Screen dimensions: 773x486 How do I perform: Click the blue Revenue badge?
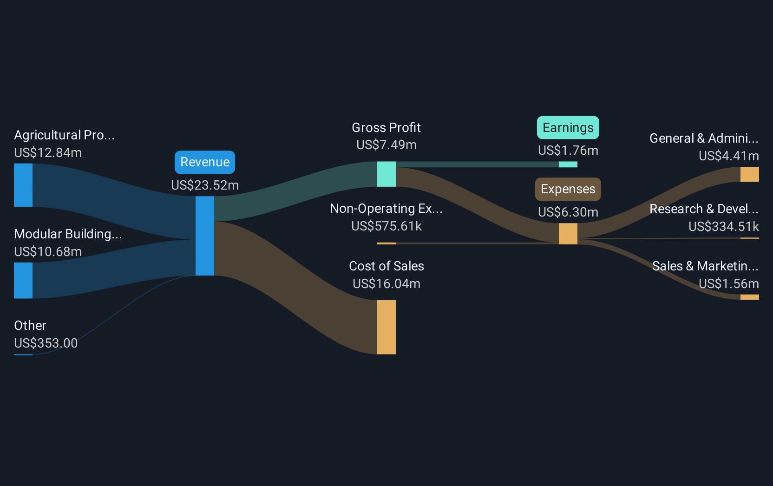(x=205, y=162)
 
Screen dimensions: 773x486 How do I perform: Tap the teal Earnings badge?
(x=568, y=127)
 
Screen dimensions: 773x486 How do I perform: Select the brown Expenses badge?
(x=568, y=189)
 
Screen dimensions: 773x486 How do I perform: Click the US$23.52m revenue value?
(x=205, y=185)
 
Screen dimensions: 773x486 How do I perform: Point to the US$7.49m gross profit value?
(x=386, y=144)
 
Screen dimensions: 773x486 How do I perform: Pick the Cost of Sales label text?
(x=386, y=266)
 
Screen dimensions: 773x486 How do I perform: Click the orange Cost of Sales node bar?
(x=386, y=327)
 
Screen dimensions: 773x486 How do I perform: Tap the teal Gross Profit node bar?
(x=386, y=174)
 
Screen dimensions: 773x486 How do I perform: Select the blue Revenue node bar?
(x=205, y=236)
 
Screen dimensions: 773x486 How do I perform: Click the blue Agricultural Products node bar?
(x=23, y=185)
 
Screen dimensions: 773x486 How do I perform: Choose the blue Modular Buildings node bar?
(x=23, y=280)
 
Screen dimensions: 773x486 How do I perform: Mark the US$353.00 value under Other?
(x=46, y=343)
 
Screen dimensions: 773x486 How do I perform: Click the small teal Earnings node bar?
(x=568, y=164)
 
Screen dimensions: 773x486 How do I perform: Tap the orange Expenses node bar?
(x=568, y=234)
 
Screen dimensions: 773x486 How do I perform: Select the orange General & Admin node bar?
(x=749, y=174)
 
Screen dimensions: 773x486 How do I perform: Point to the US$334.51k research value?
(x=724, y=226)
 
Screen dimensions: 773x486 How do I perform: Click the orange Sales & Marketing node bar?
(x=749, y=297)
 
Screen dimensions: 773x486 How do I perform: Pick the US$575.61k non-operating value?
(x=386, y=226)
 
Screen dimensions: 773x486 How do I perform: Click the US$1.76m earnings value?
(x=568, y=150)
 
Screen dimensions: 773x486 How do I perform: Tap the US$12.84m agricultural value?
(x=48, y=152)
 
